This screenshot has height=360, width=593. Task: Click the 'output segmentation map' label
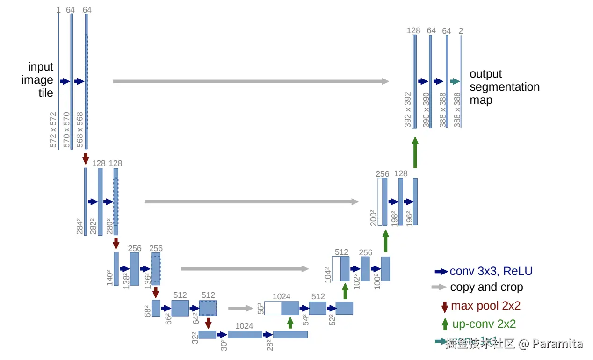[x=504, y=87]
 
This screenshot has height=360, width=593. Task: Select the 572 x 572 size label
[x=53, y=130]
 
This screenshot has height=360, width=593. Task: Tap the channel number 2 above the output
[x=461, y=31]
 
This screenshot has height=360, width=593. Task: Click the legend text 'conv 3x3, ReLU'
[x=491, y=271]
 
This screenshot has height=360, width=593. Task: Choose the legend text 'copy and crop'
[x=486, y=287]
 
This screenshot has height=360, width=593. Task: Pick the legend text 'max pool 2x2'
[x=485, y=306]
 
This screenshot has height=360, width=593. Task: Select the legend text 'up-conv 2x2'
[x=484, y=324]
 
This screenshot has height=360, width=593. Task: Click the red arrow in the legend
[x=445, y=307]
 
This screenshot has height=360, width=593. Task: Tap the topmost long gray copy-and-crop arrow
[x=251, y=81]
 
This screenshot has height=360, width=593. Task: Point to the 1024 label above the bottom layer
[x=244, y=325]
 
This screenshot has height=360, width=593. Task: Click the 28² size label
[x=270, y=346]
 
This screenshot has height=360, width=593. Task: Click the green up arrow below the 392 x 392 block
[x=415, y=152]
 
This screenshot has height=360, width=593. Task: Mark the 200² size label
[x=374, y=217]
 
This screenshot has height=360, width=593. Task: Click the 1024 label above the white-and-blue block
[x=282, y=296]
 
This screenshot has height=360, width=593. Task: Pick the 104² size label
[x=327, y=274]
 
